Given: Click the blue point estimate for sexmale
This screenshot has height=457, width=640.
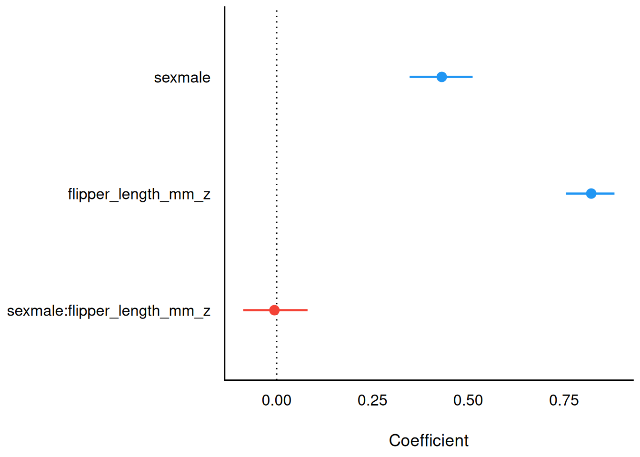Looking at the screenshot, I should tap(441, 77).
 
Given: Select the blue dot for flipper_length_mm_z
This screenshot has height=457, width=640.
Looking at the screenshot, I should tap(591, 193).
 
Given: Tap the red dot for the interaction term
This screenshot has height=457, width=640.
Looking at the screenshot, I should tap(274, 310).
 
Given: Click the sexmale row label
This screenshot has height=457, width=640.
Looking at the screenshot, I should tap(182, 78).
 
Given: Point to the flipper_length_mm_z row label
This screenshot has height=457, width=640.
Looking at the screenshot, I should tap(139, 194).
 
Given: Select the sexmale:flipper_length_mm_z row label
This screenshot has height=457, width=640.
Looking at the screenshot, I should tap(109, 311).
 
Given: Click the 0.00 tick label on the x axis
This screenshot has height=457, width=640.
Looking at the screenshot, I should tap(277, 400).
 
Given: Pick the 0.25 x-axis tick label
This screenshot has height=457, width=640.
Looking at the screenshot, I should tap(372, 400).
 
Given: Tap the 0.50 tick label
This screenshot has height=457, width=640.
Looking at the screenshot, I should tap(468, 400).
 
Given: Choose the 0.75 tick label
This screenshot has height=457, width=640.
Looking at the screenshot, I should tap(564, 400).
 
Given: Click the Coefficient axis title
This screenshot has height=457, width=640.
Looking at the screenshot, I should tap(429, 440).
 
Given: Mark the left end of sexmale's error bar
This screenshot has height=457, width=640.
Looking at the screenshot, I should tap(410, 77).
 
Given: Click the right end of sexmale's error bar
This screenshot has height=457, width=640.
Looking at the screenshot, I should tap(472, 77).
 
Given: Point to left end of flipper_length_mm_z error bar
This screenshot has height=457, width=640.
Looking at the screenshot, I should tap(566, 193).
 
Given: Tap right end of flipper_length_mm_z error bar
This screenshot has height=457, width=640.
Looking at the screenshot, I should tap(614, 193).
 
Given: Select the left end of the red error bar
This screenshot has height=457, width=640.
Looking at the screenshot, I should tap(244, 310).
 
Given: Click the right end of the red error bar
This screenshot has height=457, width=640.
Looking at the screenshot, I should tap(307, 310).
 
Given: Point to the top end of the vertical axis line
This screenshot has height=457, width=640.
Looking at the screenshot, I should tap(225, 7).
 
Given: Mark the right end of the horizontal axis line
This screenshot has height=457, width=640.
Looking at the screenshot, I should tap(633, 380).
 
